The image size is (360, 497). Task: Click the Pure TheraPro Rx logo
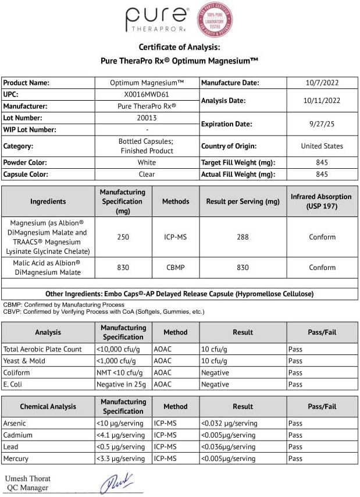point(157,20)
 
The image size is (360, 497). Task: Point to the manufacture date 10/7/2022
point(322,83)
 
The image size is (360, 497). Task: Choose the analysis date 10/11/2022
point(322,100)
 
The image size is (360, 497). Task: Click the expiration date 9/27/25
point(322,124)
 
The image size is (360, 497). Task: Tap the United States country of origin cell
point(322,146)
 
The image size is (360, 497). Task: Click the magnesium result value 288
point(243,237)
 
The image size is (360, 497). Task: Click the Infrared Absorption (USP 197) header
point(322,201)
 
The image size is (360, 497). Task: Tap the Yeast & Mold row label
point(24,361)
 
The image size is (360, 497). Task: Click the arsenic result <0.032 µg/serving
point(229,423)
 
